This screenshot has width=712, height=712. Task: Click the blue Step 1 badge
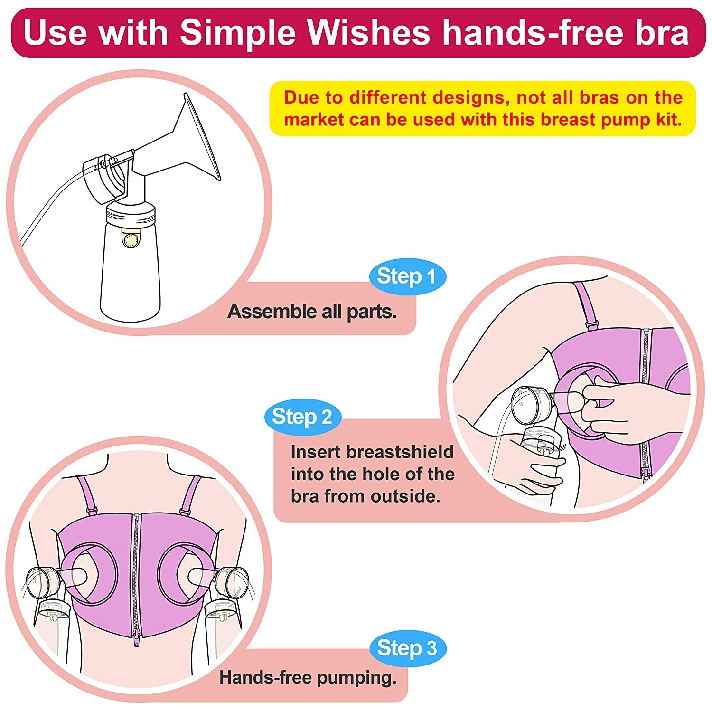click(x=407, y=276)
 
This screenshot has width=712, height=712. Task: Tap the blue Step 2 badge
click(x=302, y=417)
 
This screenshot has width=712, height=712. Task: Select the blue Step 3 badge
click(x=407, y=648)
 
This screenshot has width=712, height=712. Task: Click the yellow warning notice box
click(x=482, y=108)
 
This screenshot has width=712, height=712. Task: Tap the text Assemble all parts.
click(x=312, y=312)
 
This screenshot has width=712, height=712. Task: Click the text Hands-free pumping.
click(x=308, y=677)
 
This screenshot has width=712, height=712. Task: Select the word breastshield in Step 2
click(x=399, y=452)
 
